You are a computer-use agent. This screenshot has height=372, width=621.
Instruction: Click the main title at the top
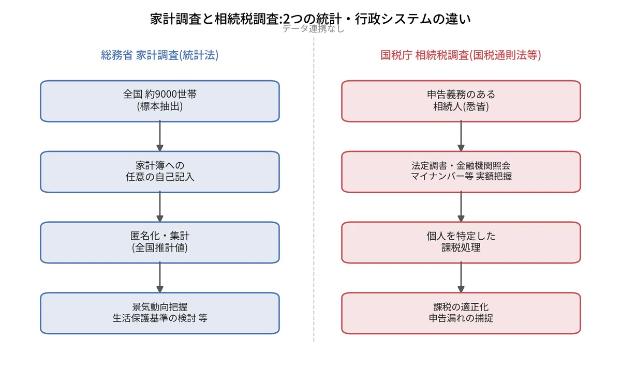[x=310, y=19]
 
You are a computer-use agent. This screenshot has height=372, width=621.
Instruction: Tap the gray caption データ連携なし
[x=313, y=28]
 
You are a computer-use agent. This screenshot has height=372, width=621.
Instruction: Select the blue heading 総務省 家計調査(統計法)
[x=160, y=55]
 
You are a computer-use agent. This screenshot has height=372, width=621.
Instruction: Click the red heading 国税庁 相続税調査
[x=425, y=55]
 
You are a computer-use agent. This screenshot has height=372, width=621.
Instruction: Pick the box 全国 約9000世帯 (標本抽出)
[x=160, y=101]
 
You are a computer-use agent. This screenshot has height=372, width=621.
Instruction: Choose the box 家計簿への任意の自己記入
[x=160, y=172]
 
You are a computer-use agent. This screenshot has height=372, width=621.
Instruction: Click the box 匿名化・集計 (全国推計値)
[x=160, y=242]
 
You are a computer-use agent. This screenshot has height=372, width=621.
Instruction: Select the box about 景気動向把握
[x=160, y=313]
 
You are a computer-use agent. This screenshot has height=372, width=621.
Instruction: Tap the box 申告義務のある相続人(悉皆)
[x=461, y=101]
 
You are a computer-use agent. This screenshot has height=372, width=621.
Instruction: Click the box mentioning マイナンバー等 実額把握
[x=461, y=172]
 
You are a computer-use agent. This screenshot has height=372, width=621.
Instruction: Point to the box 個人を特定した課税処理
[x=461, y=242]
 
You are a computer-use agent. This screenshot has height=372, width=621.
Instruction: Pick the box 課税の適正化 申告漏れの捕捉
[x=461, y=313]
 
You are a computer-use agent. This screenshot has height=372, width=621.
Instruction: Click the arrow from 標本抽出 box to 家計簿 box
[x=160, y=136]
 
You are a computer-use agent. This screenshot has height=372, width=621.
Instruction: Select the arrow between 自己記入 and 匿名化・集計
[x=160, y=207]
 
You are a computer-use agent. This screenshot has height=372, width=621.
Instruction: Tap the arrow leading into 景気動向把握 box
[x=160, y=277]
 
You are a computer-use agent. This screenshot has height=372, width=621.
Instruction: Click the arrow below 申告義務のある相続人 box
[x=461, y=136]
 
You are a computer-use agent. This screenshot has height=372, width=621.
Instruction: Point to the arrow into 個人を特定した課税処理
[x=461, y=207]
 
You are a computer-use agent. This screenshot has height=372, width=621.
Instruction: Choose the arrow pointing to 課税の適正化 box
[x=461, y=277]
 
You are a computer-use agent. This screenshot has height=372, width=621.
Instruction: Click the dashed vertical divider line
[x=314, y=190]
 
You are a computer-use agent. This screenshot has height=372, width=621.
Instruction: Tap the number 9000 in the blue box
[x=165, y=95]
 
